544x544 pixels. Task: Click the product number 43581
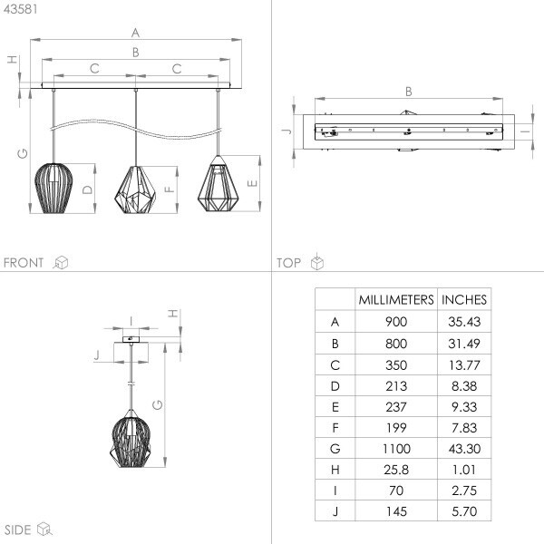tap(21, 9)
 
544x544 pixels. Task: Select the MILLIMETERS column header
tap(396, 300)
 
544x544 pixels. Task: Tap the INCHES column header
tap(464, 300)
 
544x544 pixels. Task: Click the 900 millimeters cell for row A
tap(396, 322)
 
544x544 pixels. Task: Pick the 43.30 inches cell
tap(464, 449)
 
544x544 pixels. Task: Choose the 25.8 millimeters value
tap(396, 470)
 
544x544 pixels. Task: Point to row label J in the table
tap(335, 511)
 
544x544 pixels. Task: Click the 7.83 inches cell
tap(464, 428)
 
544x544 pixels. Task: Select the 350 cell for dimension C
tap(396, 365)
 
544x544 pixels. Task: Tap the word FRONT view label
tap(24, 263)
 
